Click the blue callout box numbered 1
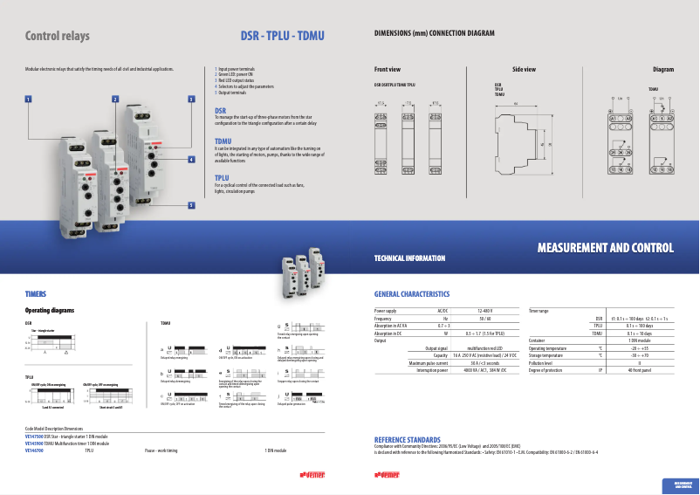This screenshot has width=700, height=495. pos(29,100)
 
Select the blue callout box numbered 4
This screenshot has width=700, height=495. pos(191,160)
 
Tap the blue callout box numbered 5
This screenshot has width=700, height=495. pos(191,205)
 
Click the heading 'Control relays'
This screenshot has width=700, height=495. pos(58,37)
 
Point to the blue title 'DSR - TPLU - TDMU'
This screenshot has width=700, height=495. pos(282,37)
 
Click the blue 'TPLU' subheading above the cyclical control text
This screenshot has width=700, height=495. pos(223,177)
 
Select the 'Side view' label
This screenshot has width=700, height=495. pos(524,69)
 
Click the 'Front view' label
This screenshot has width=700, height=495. pos(388,69)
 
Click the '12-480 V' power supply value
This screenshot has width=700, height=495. pos(485,311)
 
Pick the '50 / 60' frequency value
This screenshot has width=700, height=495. pos(485,319)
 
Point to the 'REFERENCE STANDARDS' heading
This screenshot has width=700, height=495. pos(407,439)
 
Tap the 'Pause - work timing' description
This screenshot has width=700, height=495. pos(161,450)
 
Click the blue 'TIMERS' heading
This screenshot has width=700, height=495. pos(36,294)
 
